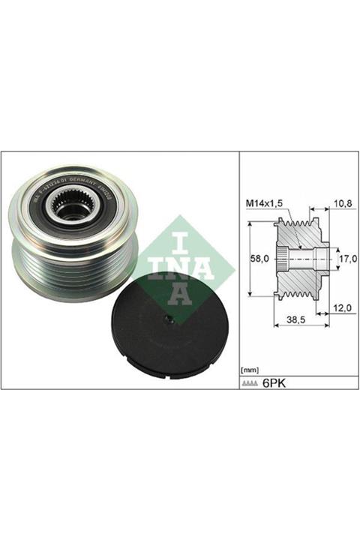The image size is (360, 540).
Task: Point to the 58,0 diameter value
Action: (258, 257)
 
